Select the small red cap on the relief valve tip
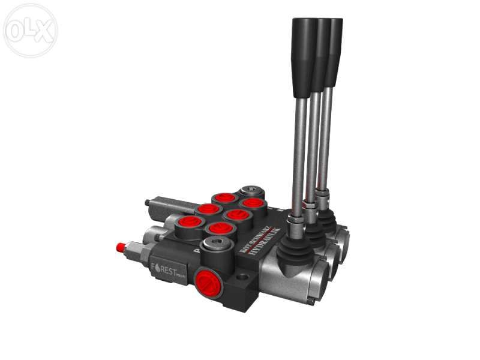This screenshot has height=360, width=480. tap(121, 247)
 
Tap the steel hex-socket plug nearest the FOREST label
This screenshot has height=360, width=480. tap(215, 244)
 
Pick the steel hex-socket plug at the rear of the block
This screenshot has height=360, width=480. tap(248, 193)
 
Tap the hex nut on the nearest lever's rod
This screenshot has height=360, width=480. tap(296, 224)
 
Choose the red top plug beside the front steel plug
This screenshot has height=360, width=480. tap(220, 228)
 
